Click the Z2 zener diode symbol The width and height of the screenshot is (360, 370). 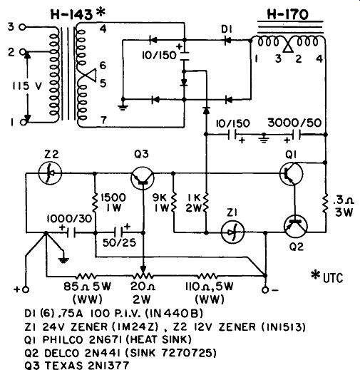tap(50, 173)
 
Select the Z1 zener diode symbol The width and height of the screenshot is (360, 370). tap(232, 232)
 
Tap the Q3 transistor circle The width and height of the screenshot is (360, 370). tap(143, 178)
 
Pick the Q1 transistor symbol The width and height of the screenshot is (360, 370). tap(291, 173)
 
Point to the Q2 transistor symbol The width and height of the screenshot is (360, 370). tap(296, 226)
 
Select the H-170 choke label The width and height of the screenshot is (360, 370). tap(288, 14)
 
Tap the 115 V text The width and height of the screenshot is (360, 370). tap(27, 86)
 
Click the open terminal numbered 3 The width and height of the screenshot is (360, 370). tap(22, 27)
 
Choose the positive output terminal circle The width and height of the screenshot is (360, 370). tap(26, 289)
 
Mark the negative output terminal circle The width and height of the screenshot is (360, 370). tap(265, 290)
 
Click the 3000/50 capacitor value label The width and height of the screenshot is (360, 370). tap(294, 123)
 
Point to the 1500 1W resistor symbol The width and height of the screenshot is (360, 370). tap(95, 203)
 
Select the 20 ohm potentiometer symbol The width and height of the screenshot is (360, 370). tap(143, 276)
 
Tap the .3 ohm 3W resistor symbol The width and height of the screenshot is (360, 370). tap(326, 203)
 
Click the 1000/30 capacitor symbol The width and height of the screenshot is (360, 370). tap(71, 232)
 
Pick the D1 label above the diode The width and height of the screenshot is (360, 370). tap(227, 29)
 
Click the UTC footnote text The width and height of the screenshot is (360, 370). tap(327, 277)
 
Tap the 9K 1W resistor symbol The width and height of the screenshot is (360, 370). tap(174, 202)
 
